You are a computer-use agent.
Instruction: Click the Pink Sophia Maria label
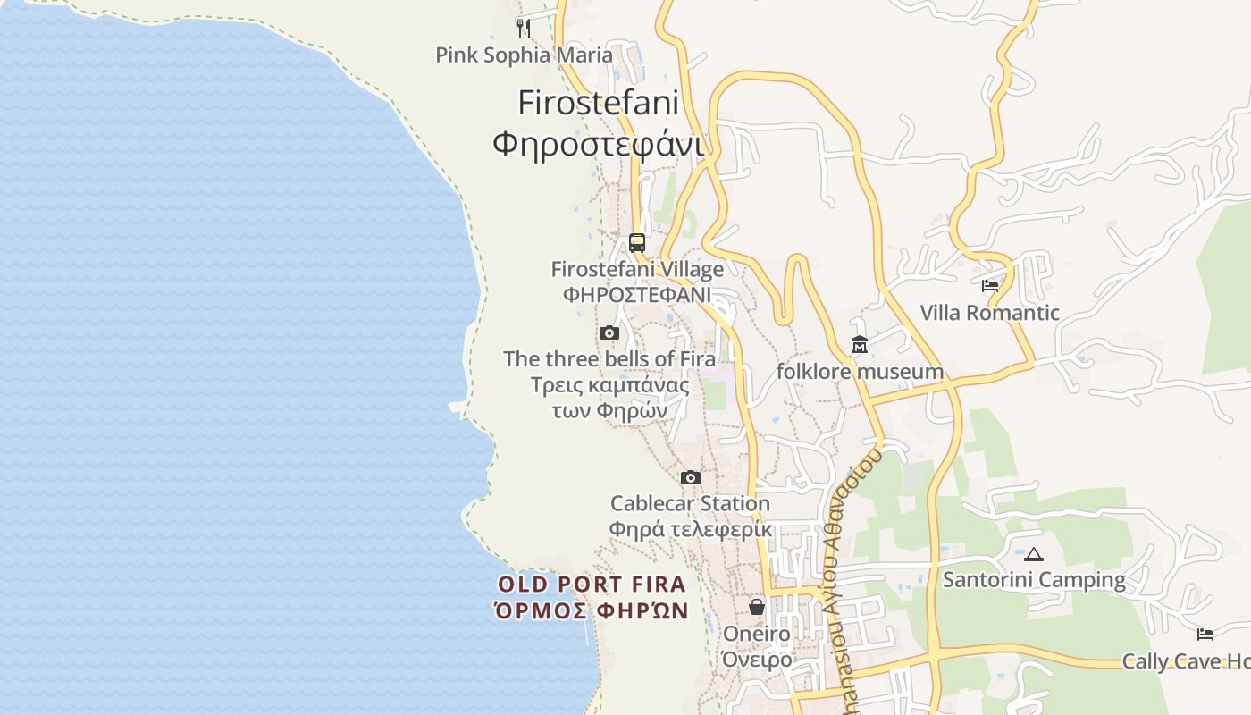tap(524, 55)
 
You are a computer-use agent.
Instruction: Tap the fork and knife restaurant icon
tap(524, 29)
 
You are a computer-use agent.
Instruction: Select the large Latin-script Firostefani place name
tap(598, 103)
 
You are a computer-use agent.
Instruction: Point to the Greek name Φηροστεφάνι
tap(598, 143)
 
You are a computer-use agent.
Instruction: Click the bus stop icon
tap(636, 242)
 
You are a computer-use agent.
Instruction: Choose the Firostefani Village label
tap(637, 269)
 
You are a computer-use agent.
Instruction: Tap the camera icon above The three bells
tap(609, 333)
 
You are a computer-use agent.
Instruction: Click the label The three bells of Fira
tap(609, 359)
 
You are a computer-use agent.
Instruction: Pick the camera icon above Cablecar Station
tap(691, 477)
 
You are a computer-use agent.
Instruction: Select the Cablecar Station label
tap(690, 503)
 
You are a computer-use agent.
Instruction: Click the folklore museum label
tap(860, 372)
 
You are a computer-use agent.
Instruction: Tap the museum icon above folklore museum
tap(860, 345)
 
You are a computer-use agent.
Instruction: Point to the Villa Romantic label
tap(990, 313)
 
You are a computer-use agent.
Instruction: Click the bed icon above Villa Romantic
tap(990, 286)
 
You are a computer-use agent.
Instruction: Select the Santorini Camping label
tap(1034, 580)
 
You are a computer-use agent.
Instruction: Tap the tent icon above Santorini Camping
tap(1034, 554)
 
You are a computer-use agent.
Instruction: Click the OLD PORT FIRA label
tap(592, 585)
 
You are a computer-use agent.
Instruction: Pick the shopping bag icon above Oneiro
tap(757, 607)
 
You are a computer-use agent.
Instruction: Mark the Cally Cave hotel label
tap(1186, 661)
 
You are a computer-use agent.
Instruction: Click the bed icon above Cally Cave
tap(1205, 635)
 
